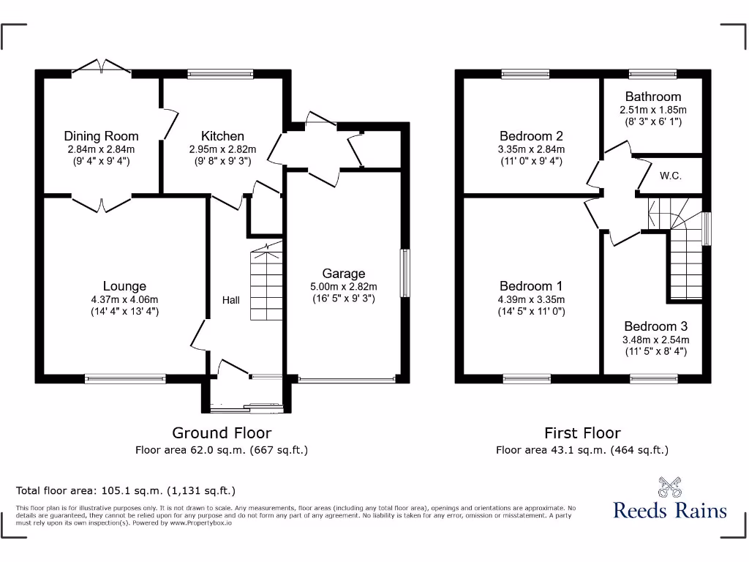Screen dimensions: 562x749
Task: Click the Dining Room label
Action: coord(101,136)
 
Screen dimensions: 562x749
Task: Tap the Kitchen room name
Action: coord(222,136)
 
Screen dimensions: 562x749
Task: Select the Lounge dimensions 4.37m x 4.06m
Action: coord(124,299)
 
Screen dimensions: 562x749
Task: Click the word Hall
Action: coord(231,300)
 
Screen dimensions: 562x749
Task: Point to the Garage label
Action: coord(344,274)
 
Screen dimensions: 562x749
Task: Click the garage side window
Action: coord(403,273)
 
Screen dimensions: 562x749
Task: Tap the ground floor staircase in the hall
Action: coord(267,285)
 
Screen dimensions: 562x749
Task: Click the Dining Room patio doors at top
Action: coord(102,68)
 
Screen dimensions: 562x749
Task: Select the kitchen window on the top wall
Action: coord(220,73)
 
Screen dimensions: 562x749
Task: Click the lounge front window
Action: coord(125,378)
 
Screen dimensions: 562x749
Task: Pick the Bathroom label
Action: coord(653,97)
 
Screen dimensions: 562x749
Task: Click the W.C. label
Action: coord(671,176)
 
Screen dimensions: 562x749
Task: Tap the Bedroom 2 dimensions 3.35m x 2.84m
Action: coord(531,149)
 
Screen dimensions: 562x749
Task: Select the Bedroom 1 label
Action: coord(531,286)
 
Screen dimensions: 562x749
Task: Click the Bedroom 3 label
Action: coord(655,326)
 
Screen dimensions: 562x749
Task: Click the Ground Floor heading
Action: coord(222,433)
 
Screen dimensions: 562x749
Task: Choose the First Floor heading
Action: coord(582,433)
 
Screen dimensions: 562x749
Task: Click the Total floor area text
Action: coord(126,490)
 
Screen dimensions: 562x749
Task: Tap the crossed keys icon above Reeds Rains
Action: coord(670,487)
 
